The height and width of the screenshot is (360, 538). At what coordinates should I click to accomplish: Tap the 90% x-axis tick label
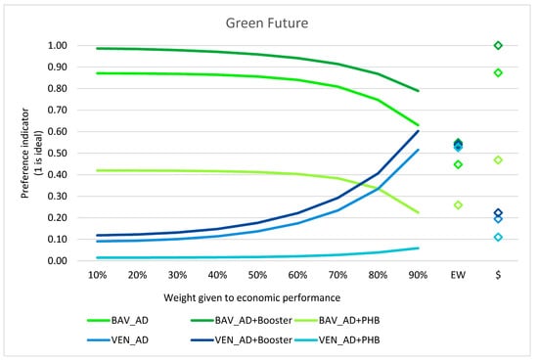click(418, 277)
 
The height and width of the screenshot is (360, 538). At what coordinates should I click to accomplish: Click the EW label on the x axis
click(458, 277)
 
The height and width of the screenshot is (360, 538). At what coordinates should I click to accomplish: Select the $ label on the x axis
click(498, 277)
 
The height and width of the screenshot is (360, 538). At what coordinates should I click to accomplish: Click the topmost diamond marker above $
click(498, 46)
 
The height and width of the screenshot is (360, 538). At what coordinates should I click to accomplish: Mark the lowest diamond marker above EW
click(458, 205)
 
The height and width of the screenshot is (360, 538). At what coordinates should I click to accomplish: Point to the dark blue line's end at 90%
click(418, 131)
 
